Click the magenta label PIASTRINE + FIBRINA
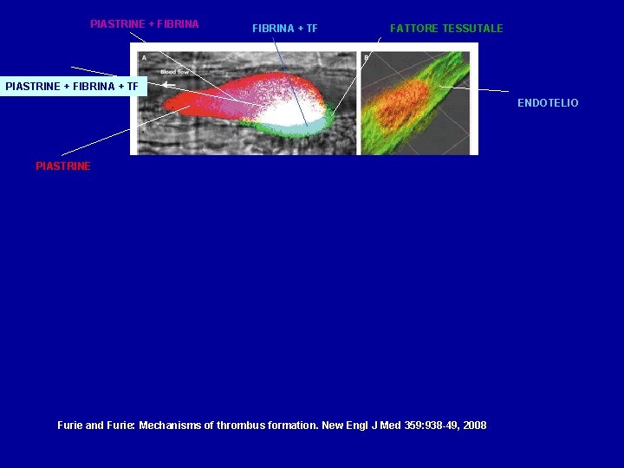144,24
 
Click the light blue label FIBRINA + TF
284,29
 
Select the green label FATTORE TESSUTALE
445,29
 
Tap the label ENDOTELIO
548,103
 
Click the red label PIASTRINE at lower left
62,166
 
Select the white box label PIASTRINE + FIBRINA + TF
71,86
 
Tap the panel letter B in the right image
367,58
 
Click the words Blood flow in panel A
174,71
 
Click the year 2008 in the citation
474,426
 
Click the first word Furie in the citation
69,426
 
